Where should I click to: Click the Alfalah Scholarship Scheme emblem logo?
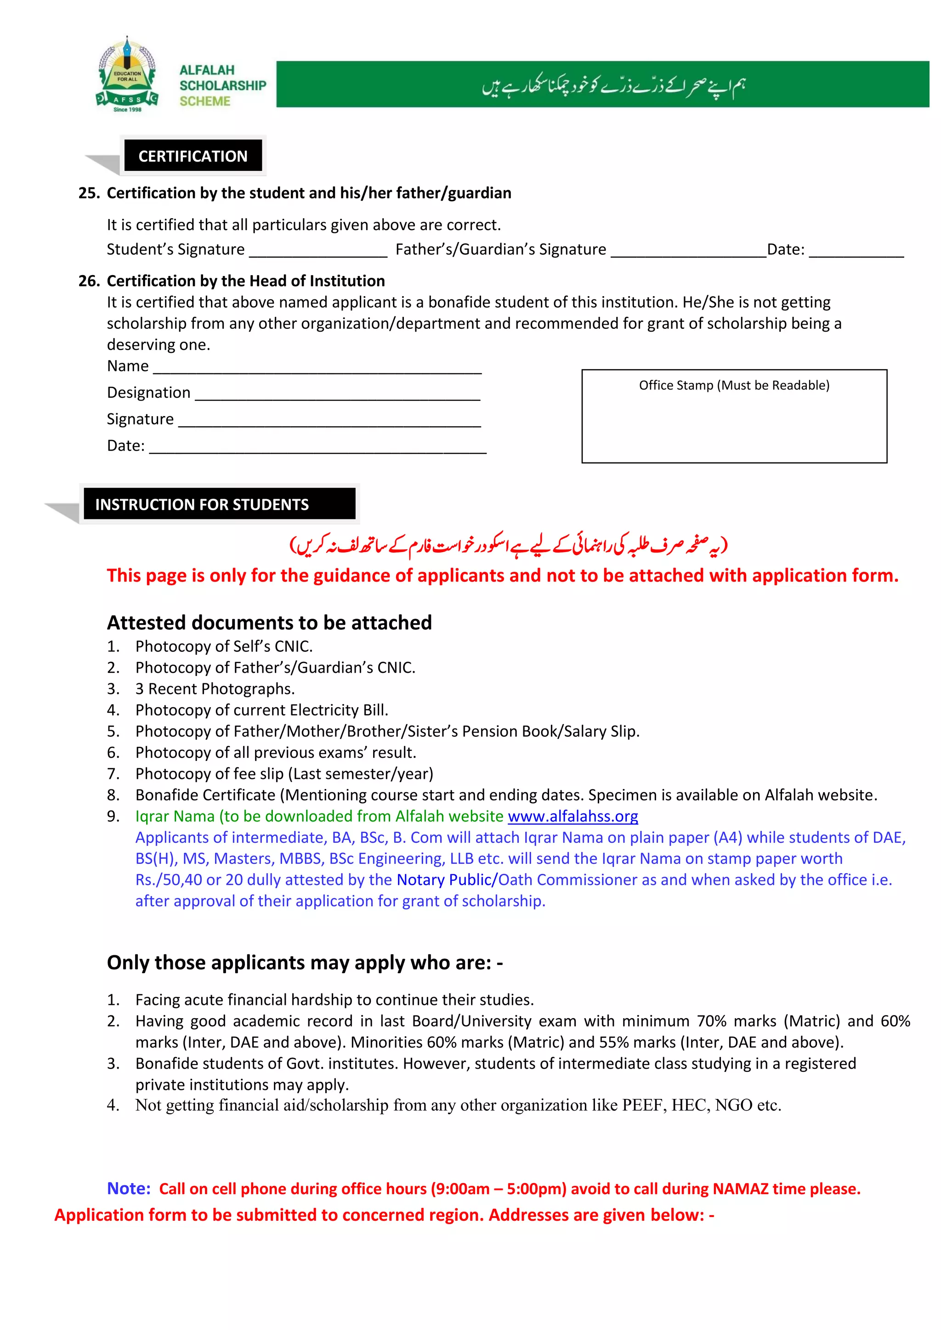coord(127,75)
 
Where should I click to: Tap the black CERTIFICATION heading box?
coord(193,156)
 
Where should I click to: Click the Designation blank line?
coord(337,395)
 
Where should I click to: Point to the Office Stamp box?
coord(734,416)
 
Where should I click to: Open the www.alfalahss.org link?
coord(573,816)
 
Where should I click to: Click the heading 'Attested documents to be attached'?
coord(269,622)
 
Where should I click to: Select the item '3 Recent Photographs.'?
coord(215,689)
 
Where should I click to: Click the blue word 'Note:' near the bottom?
coord(129,1188)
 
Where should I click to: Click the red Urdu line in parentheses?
coord(508,545)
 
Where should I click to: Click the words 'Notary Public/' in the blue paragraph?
coord(447,880)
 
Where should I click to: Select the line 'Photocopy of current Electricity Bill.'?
coord(261,710)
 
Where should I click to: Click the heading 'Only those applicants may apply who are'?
coord(305,962)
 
